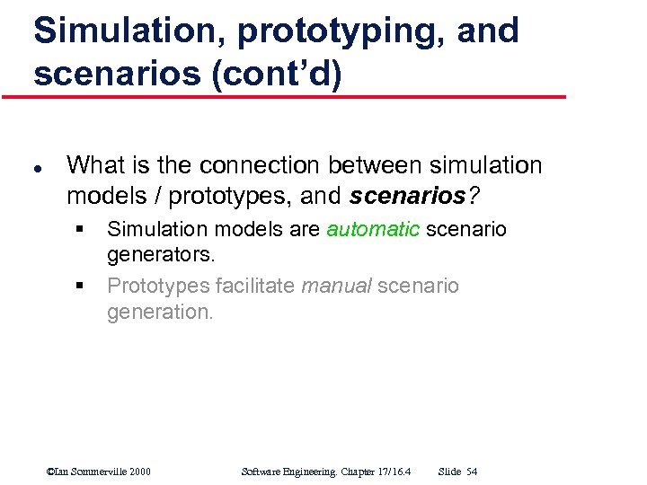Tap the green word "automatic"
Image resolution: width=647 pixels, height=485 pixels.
(372, 229)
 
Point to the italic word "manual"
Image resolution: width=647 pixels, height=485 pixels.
(335, 286)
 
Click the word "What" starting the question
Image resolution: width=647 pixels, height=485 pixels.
(96, 165)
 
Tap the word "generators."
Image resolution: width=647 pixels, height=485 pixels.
(161, 254)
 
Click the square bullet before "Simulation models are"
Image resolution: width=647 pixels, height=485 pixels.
(79, 230)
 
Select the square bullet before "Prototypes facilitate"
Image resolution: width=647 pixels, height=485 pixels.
(79, 287)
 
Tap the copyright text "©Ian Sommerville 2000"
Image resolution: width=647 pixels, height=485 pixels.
(98, 471)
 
